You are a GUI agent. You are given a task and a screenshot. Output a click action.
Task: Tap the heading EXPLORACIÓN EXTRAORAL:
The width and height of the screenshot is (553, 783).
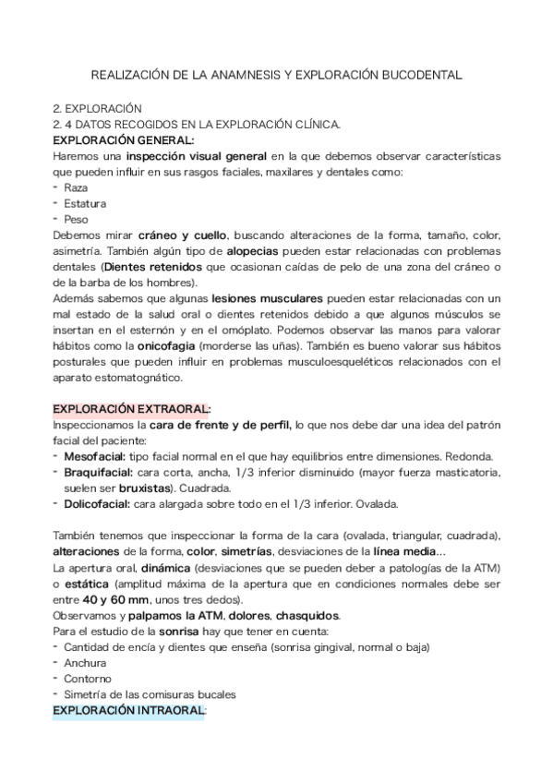point(132,408)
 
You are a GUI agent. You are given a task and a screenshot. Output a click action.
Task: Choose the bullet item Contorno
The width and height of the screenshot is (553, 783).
point(87,680)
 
